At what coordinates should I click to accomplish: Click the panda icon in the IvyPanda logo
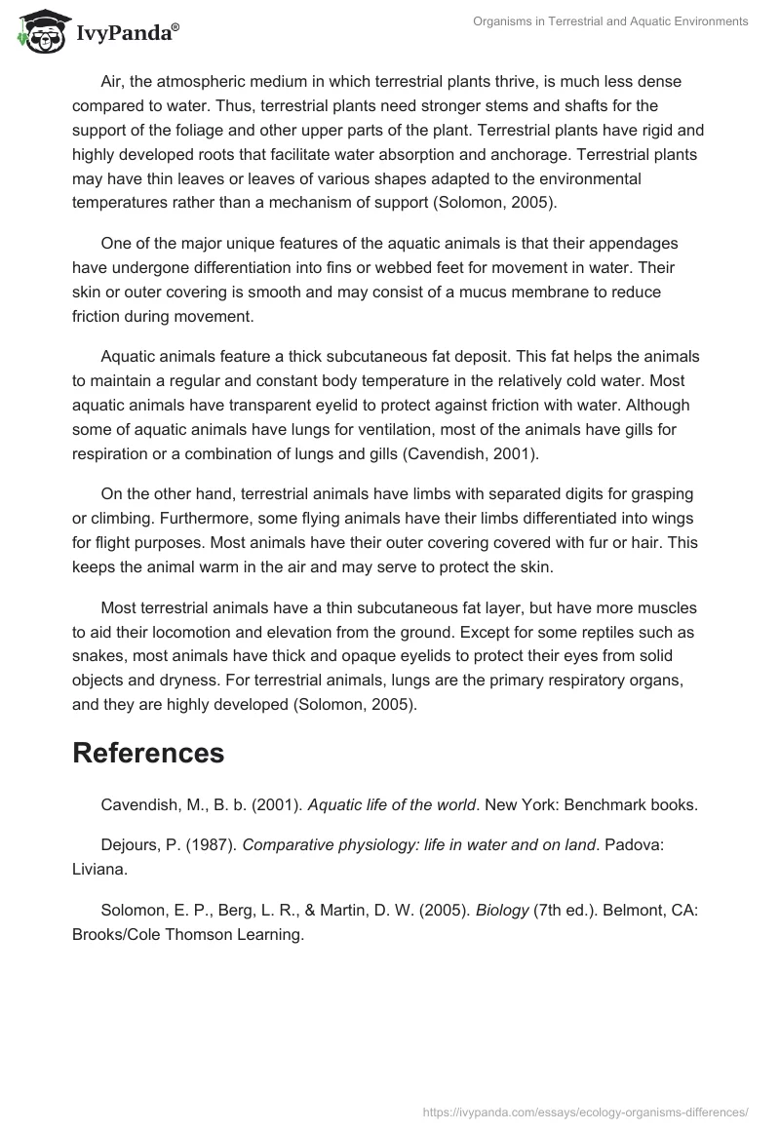pyautogui.click(x=37, y=31)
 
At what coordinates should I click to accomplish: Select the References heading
pyautogui.click(x=148, y=752)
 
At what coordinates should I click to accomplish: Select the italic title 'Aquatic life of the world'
pyautogui.click(x=392, y=804)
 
